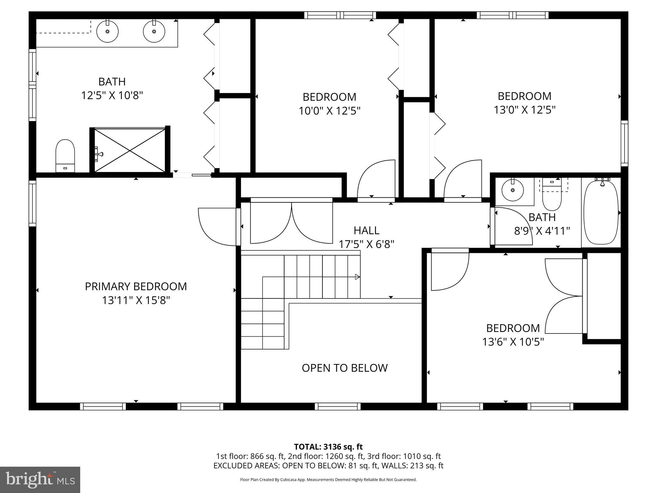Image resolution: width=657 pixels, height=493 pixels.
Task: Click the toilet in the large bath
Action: click(65, 155)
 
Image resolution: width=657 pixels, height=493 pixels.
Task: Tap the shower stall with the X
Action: click(130, 150)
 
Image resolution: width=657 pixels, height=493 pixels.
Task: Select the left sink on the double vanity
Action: click(107, 31)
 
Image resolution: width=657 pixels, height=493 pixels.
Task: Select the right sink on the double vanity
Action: click(154, 31)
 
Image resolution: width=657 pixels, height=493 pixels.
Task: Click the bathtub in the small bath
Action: click(601, 212)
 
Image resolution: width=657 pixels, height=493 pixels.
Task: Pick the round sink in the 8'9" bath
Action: click(512, 190)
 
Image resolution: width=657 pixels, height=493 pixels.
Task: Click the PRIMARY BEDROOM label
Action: click(136, 286)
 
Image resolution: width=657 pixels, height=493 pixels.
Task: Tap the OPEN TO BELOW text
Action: click(345, 368)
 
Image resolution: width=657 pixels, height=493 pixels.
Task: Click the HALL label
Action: click(366, 230)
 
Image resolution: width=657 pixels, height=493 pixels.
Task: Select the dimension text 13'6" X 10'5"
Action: click(513, 342)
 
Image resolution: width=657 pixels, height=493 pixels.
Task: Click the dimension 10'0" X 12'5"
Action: click(329, 111)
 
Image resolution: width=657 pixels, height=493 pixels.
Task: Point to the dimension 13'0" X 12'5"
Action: click(525, 110)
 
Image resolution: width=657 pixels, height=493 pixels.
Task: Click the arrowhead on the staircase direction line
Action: click(357, 277)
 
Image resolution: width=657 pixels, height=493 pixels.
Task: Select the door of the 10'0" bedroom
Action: click(375, 180)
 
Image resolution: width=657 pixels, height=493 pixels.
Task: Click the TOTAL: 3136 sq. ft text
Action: click(328, 447)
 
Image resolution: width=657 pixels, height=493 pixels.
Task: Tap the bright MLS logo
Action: click(40, 480)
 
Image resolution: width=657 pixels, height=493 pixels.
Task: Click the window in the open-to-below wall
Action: click(337, 406)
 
